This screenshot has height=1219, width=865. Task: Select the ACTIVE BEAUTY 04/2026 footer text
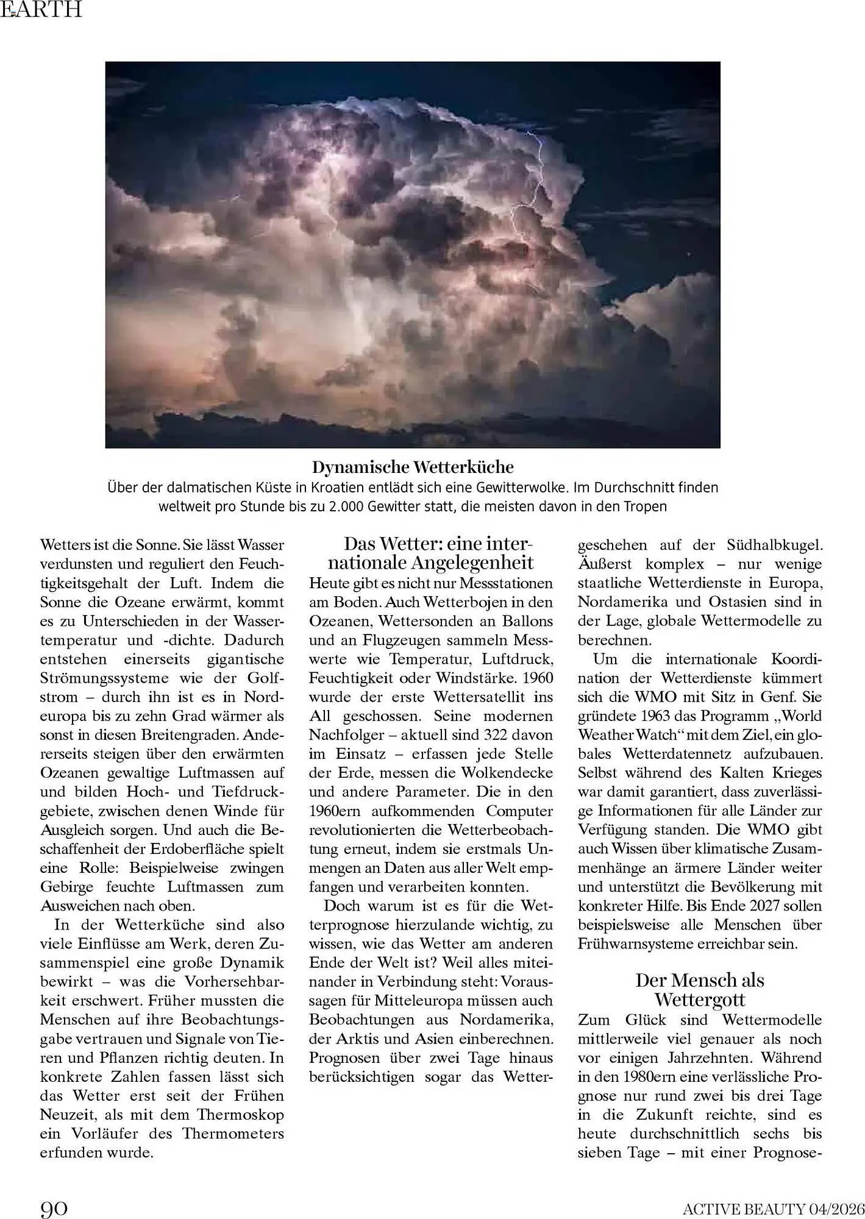click(x=774, y=1208)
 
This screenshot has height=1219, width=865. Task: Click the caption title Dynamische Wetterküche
click(x=413, y=467)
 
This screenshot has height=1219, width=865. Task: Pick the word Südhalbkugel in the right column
click(x=775, y=545)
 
